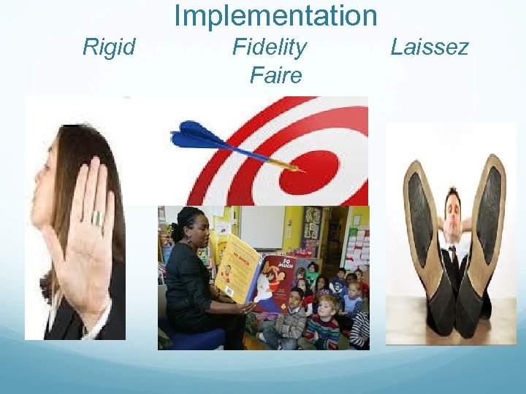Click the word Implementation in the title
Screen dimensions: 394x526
275,15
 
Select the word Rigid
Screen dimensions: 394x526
109,48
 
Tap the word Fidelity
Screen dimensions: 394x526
269,48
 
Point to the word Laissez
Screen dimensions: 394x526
429,48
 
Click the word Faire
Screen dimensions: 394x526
275,75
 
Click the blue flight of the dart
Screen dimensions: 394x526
197,136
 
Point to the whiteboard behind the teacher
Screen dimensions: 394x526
260,226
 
